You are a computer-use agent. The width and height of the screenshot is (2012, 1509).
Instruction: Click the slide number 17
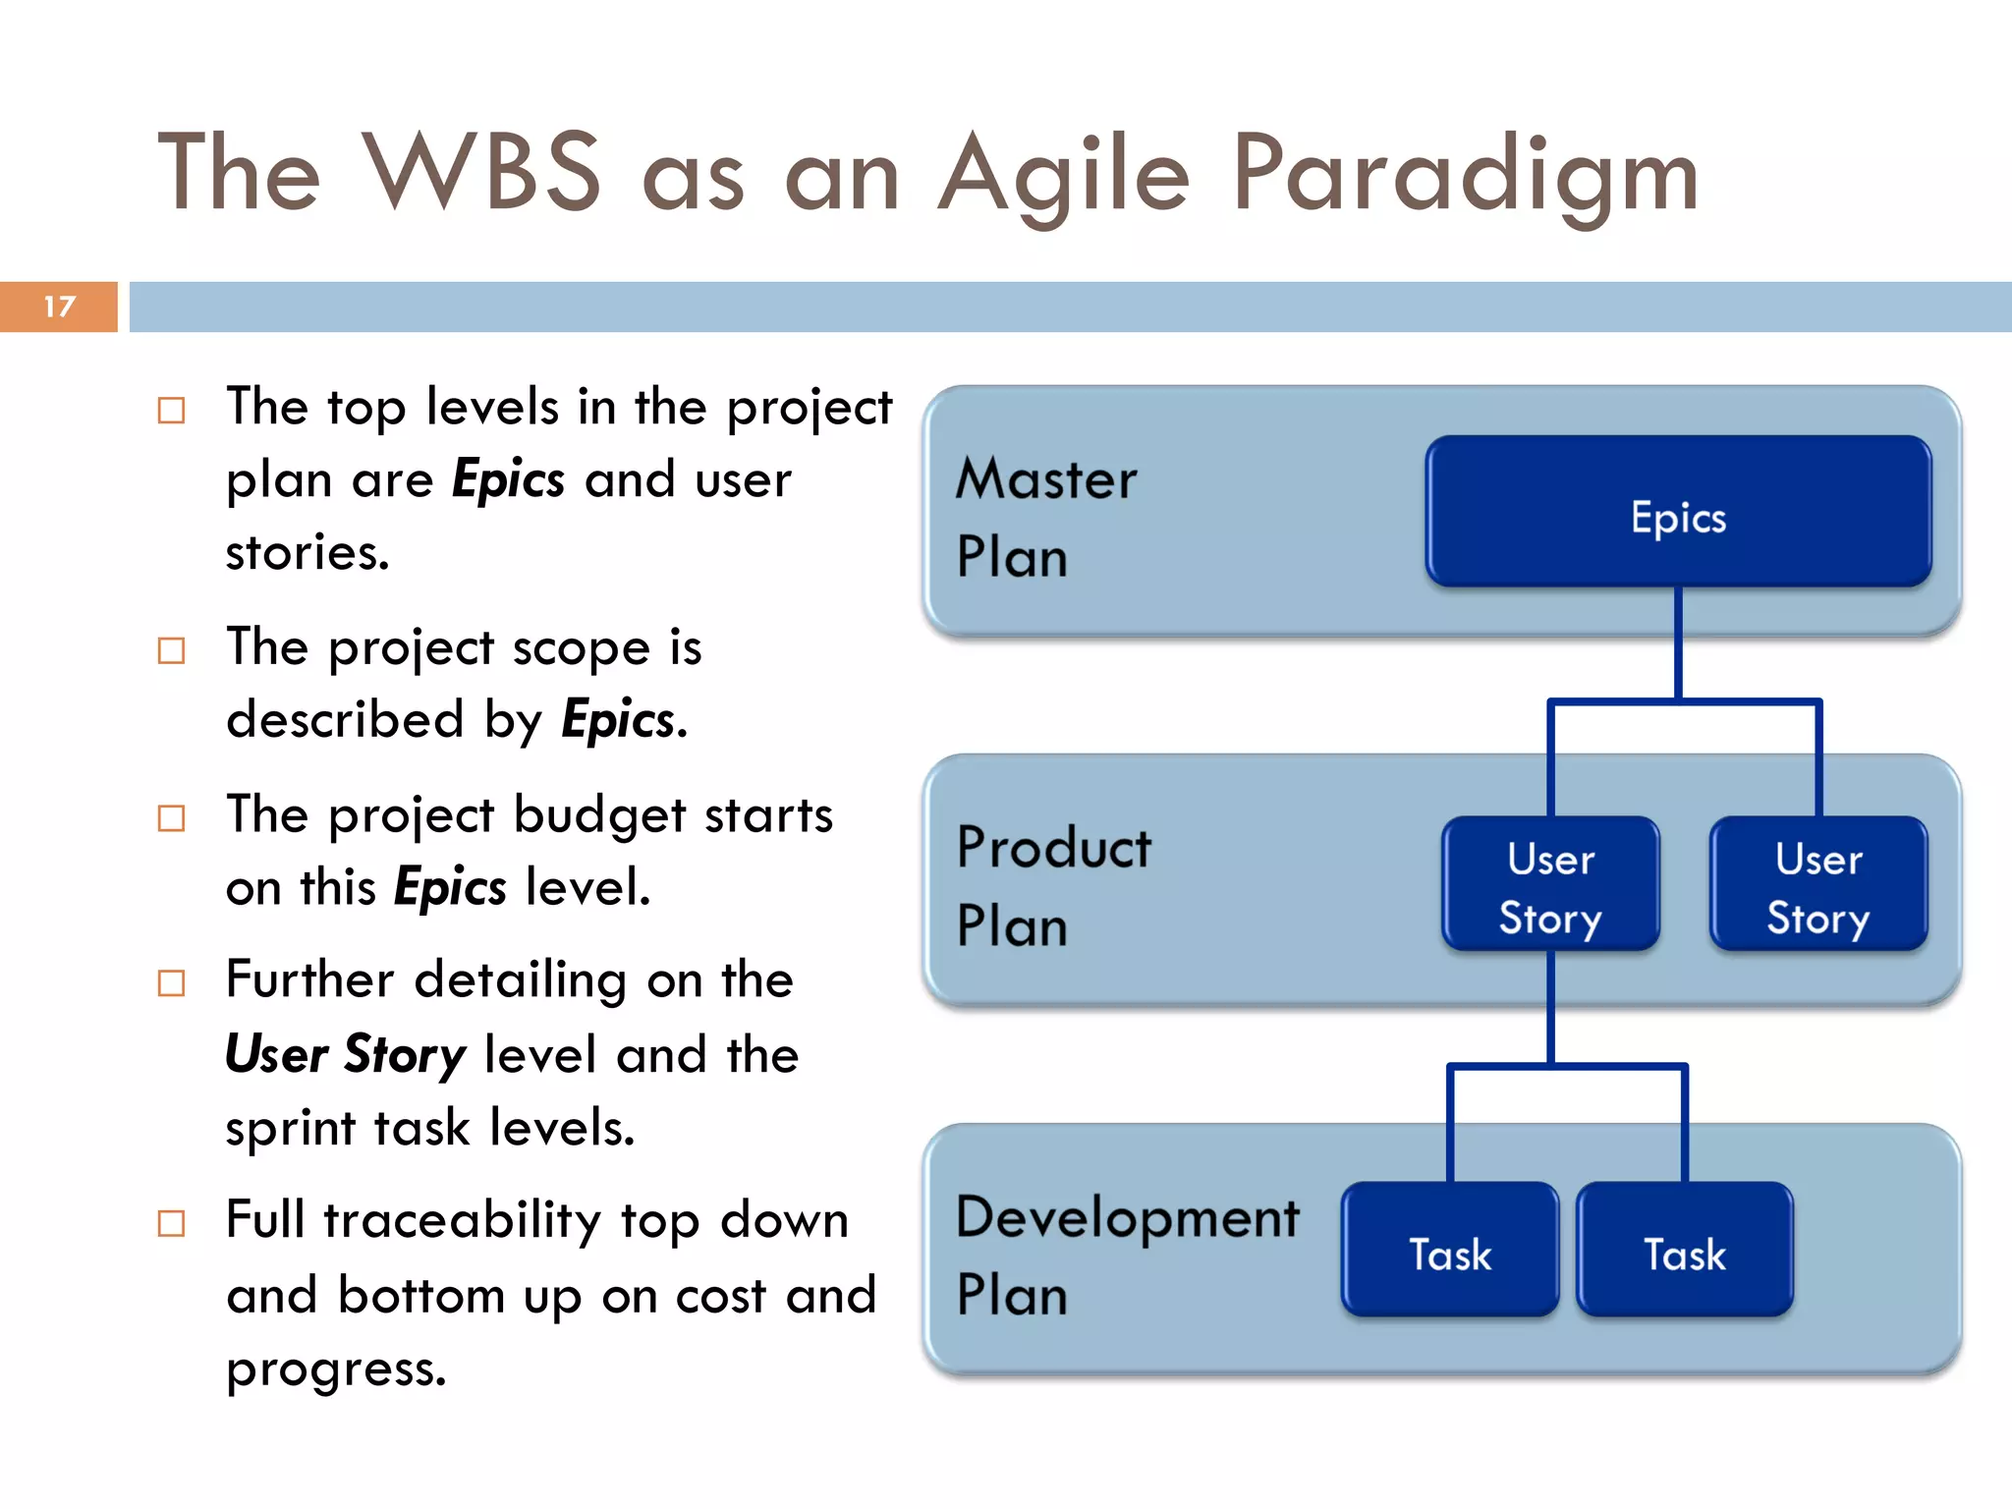(x=59, y=307)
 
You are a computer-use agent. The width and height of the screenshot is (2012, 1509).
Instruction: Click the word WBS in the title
(x=481, y=173)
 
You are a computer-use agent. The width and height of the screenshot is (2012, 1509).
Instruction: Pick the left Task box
(x=1449, y=1251)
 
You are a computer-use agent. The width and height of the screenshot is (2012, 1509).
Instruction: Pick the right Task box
(x=1684, y=1251)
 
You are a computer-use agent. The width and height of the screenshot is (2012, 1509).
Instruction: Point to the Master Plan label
(x=1045, y=517)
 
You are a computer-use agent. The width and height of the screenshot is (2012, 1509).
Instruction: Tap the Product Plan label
(x=1053, y=885)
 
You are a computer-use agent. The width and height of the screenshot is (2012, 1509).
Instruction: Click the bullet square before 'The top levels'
(x=171, y=410)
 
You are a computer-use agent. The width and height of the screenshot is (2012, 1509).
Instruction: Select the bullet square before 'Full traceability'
(x=171, y=1223)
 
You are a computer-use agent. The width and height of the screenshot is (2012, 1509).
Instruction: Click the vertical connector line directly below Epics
(x=1678, y=643)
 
